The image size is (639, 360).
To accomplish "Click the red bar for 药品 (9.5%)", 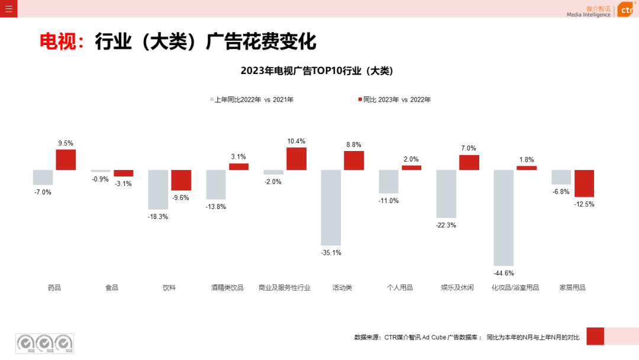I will pos(66,159).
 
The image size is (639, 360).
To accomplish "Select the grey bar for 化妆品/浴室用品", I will pos(504,217).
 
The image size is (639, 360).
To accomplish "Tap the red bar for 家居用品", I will pos(584,184).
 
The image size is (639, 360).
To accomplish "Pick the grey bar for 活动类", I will pos(331,207).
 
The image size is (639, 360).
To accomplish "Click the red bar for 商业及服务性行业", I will pos(296,159).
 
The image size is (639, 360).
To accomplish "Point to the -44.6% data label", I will pos(504,273).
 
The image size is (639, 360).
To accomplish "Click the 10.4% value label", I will pos(296,141).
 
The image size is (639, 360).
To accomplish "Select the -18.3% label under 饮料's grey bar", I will pos(158,217).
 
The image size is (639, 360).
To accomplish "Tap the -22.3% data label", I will pos(446,225).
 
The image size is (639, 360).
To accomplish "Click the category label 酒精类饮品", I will pos(227,288).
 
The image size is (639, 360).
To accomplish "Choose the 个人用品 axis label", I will pos(399,288).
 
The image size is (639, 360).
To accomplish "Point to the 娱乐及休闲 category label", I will pos(457,288).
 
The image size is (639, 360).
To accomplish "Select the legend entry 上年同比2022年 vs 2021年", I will pos(254,99).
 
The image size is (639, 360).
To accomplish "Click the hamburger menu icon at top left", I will pos(9,9).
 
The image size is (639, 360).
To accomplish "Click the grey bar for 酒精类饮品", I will pos(215,184).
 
